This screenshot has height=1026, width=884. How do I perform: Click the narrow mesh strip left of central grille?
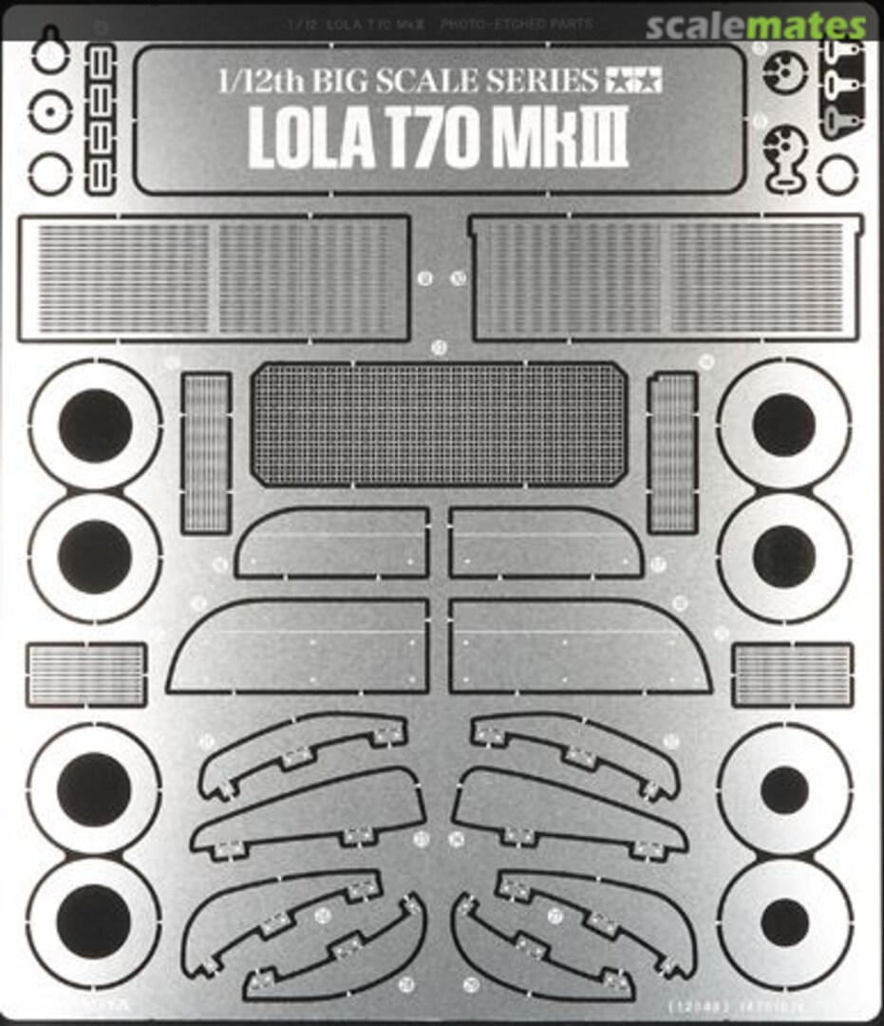tap(206, 452)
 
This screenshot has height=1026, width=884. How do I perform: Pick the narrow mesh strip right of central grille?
tap(672, 452)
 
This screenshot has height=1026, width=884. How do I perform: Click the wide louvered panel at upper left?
tap(214, 278)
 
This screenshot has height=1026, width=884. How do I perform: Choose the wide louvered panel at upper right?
tap(665, 278)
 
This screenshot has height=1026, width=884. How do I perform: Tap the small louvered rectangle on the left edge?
tap(86, 674)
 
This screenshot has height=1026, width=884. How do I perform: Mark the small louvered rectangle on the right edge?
tap(792, 674)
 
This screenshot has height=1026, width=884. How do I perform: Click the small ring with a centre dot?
tap(49, 115)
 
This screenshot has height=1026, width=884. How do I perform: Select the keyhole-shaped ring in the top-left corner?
tap(49, 54)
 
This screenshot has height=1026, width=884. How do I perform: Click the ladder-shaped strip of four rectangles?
tap(101, 119)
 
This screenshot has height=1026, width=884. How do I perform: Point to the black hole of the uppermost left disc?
tap(95, 425)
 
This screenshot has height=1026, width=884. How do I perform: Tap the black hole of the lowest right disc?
tap(784, 922)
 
